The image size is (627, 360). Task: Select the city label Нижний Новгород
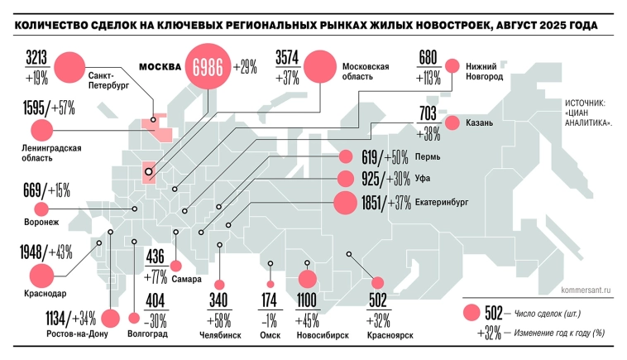click(x=485, y=70)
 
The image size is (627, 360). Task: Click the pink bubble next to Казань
click(x=452, y=122)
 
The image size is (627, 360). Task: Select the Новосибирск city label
click(x=322, y=335)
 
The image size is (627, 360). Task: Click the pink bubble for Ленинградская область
click(x=39, y=131)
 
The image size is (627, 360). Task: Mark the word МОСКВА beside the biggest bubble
click(x=160, y=66)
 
